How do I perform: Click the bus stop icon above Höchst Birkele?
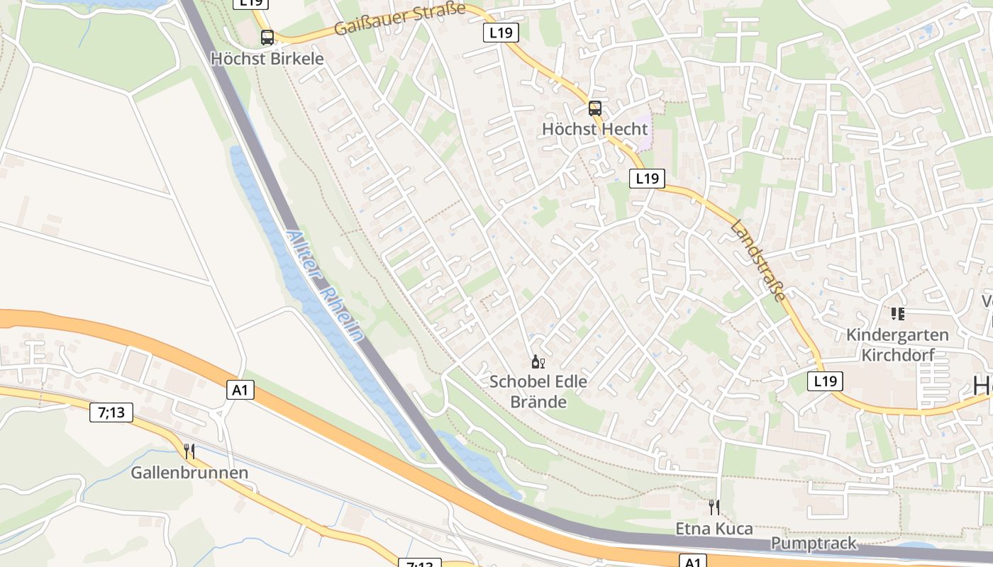267,38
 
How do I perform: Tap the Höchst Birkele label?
267,58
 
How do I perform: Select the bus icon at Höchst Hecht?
594,108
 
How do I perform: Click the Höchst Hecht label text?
594,129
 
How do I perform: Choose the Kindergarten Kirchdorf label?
897,344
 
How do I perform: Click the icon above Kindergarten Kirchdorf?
897,313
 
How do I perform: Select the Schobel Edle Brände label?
538,391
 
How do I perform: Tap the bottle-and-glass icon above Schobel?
538,363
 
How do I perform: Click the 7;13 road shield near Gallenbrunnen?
111,412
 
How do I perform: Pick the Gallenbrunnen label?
189,473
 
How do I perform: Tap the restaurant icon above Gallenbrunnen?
189,451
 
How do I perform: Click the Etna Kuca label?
714,529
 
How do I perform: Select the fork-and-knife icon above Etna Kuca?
714,507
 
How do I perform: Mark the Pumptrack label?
814,544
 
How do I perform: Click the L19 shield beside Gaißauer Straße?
501,32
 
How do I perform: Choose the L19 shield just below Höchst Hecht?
647,179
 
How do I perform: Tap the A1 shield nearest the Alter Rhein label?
241,389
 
